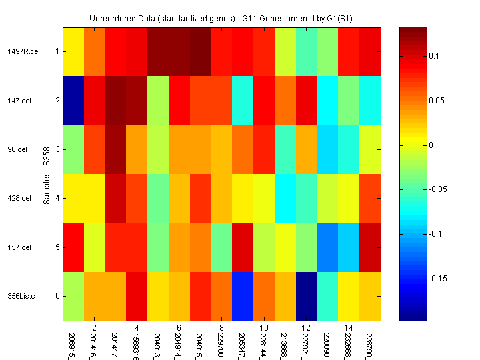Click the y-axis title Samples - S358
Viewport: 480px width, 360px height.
click(x=47, y=174)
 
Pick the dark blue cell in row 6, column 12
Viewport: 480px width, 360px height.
click(x=307, y=296)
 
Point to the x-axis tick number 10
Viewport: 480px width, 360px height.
click(x=263, y=328)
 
